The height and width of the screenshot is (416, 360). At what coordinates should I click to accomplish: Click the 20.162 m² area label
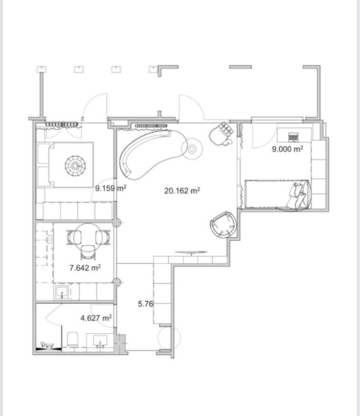click(x=182, y=191)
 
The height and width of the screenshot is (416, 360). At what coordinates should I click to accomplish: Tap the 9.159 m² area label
click(x=111, y=188)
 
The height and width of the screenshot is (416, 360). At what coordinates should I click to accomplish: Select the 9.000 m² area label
click(x=288, y=149)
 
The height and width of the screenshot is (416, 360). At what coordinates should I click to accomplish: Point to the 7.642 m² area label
click(x=85, y=268)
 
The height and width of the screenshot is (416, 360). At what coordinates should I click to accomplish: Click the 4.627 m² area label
click(x=96, y=317)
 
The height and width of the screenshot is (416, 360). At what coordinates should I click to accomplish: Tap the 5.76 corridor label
click(x=145, y=304)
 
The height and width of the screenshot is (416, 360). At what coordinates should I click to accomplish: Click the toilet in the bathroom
click(x=72, y=340)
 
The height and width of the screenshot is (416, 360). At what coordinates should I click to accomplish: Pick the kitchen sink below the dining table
click(x=62, y=292)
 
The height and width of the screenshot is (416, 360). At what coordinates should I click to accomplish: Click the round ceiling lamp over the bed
click(x=75, y=166)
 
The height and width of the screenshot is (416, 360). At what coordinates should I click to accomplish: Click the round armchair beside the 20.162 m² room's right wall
click(x=223, y=225)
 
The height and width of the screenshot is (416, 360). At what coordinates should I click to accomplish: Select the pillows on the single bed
click(x=296, y=195)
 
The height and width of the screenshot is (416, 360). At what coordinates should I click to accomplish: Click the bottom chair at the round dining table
click(x=87, y=252)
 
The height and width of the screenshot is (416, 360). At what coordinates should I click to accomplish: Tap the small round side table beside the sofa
click(x=192, y=149)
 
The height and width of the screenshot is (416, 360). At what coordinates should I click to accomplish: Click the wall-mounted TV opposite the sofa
click(x=191, y=252)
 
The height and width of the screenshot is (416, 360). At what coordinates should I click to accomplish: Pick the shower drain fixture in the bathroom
click(x=47, y=345)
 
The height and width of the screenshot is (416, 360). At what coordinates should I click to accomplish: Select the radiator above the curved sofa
click(x=151, y=126)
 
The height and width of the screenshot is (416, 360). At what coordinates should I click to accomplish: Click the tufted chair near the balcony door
click(x=222, y=133)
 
